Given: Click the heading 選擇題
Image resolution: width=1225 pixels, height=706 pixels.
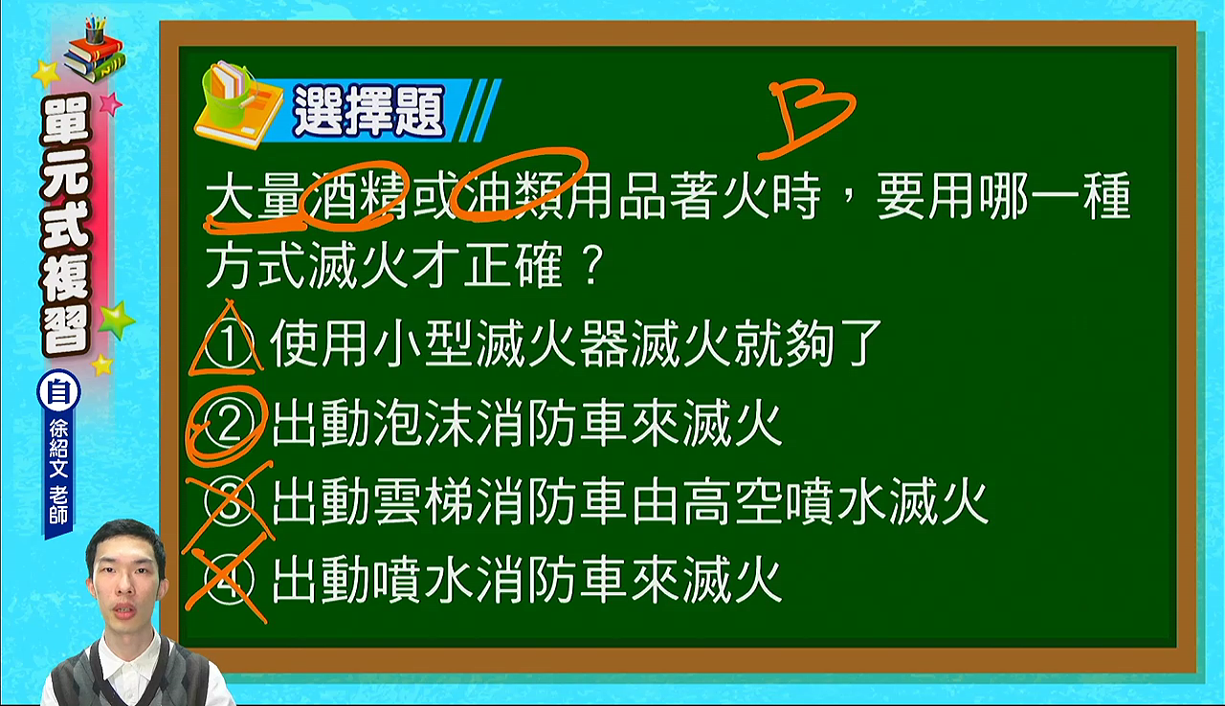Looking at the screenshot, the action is (368, 112).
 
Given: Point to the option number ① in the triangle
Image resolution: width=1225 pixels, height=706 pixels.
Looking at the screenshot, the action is (229, 344).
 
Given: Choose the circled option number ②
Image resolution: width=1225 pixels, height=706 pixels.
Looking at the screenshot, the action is (229, 424).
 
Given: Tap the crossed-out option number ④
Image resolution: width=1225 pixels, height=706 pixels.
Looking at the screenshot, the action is (229, 581).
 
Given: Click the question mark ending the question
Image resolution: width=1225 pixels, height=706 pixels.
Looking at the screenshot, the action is (590, 265).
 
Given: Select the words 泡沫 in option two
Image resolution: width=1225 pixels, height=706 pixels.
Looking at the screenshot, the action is (424, 424).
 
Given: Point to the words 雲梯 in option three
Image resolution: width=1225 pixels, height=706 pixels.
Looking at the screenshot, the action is (424, 503).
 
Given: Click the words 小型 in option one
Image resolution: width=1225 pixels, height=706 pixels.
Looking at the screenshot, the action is (424, 344).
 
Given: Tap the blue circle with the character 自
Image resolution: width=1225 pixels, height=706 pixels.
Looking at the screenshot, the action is (58, 391).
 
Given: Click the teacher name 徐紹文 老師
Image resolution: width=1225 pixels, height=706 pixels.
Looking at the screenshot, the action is (58, 473).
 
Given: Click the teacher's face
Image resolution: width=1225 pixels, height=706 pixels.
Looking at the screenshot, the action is (125, 584).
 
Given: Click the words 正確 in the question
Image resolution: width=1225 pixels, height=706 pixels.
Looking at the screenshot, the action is (514, 265).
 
